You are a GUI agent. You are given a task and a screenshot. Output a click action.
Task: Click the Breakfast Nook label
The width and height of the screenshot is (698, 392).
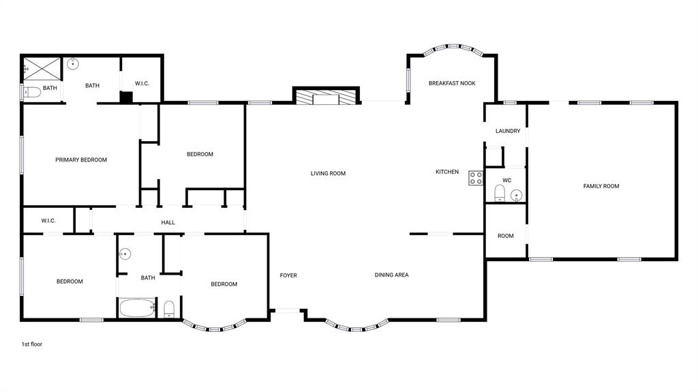tap(451, 83)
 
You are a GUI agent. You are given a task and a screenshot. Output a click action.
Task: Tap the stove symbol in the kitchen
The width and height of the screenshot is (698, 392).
tap(476, 179)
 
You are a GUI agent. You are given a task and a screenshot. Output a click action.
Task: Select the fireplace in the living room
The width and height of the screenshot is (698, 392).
tap(326, 97)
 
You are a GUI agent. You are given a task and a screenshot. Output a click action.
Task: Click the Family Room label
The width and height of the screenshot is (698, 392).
tap(601, 186)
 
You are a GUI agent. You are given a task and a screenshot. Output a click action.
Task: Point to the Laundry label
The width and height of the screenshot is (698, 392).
tap(508, 131)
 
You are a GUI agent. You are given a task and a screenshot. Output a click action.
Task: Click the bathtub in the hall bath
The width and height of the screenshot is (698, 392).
tap(138, 308)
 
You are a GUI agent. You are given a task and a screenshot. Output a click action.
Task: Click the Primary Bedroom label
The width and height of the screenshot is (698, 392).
tap(81, 160)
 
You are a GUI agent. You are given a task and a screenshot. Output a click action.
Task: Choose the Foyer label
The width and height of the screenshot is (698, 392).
tap(288, 275)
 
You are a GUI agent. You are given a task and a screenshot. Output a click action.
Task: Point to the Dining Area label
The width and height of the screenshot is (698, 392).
tap(391, 275)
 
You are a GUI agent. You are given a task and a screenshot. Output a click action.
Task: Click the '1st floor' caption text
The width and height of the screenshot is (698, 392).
tap(31, 344)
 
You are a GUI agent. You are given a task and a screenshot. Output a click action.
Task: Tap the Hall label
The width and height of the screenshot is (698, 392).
tap(168, 222)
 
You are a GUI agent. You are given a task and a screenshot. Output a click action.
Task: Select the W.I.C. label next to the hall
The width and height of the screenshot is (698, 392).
tap(48, 221)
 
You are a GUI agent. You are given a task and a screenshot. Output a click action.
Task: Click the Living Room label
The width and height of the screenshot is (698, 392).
tap(328, 174)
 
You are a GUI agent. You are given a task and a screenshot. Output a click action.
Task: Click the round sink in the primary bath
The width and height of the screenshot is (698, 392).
tap(73, 65)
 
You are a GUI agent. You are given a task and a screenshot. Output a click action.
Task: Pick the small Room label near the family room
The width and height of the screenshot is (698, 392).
tap(505, 236)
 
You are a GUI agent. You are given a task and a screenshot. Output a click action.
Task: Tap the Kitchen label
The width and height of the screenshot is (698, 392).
tap(447, 172)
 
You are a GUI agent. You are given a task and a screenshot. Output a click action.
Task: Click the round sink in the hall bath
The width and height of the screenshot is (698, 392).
tap(125, 255)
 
